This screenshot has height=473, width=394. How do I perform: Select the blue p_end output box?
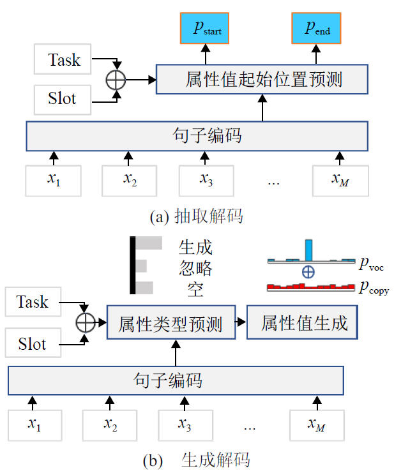point(317,28)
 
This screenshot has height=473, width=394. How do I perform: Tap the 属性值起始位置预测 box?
point(262,80)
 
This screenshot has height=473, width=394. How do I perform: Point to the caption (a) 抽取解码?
point(196,216)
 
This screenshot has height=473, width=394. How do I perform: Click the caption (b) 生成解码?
point(196,460)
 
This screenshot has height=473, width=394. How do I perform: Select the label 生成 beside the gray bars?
point(195,246)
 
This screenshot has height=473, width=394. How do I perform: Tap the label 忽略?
point(195,268)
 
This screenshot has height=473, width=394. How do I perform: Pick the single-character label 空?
point(195,290)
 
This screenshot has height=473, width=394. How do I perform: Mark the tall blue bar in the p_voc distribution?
point(308,249)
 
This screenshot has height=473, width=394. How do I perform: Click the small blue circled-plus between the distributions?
point(308,273)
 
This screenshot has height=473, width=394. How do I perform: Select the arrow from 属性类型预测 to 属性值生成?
point(238,323)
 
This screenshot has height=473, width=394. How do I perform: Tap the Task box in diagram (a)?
point(64,61)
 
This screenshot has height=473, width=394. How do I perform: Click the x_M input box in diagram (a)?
point(340,179)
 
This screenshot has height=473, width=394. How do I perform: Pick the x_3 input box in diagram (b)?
point(185,424)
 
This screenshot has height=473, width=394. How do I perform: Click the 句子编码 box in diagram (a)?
point(197,135)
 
